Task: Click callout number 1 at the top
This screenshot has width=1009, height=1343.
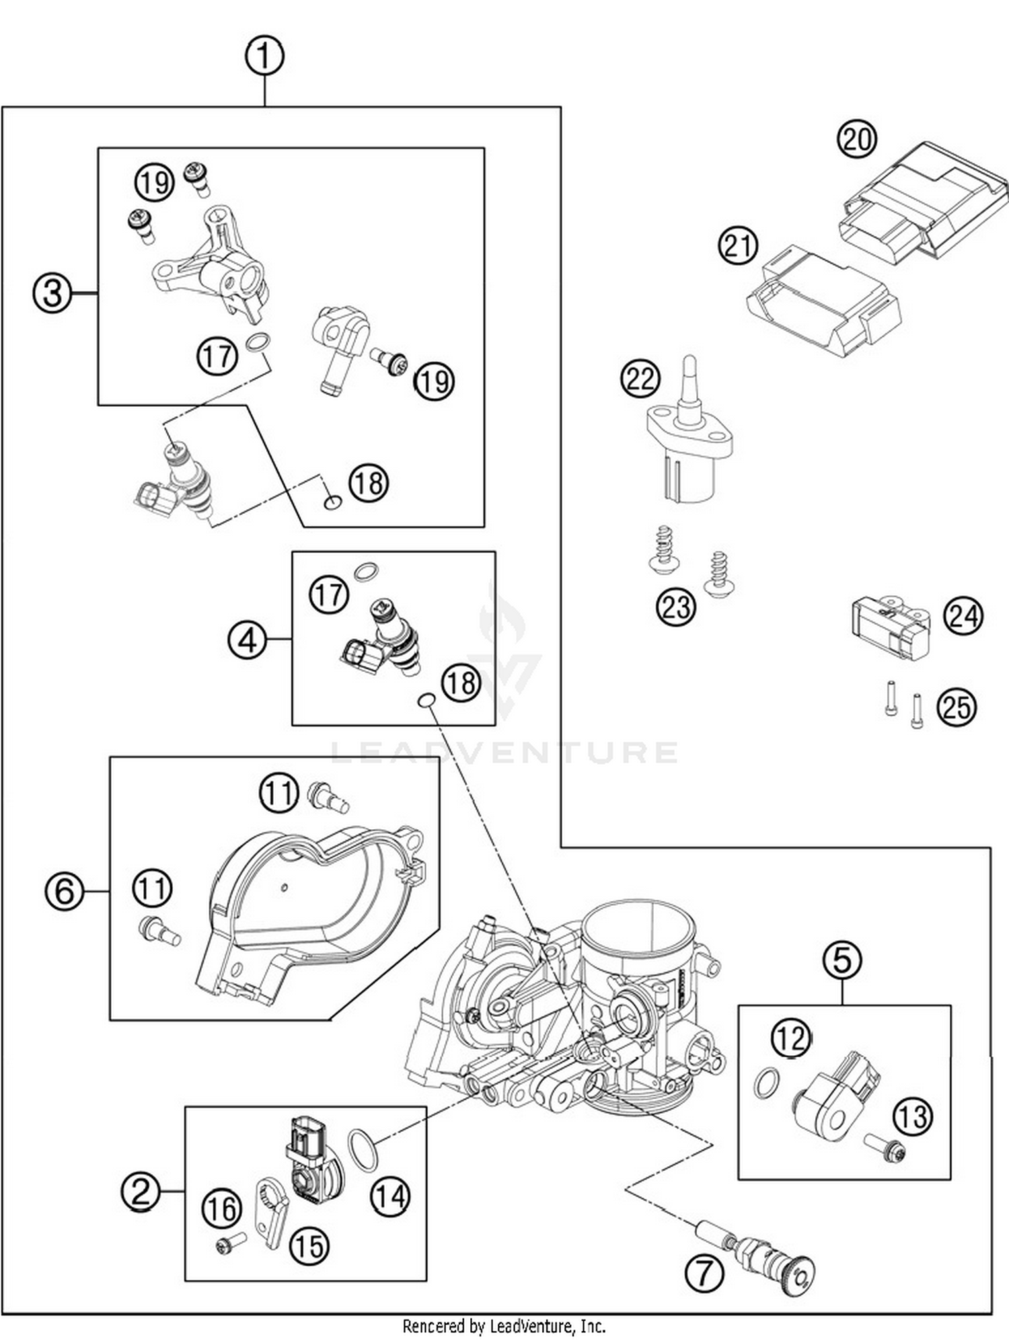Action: pos(264,56)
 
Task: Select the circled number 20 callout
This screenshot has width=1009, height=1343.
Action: pos(856,139)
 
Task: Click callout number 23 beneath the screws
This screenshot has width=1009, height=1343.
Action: pos(675,607)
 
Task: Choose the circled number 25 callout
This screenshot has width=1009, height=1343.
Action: pos(956,707)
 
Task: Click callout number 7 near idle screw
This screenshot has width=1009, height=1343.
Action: pos(704,1272)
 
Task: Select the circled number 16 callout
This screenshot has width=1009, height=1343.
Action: pos(222,1208)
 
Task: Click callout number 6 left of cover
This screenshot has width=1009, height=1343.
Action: pos(65,892)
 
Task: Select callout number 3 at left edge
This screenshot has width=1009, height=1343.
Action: pos(52,293)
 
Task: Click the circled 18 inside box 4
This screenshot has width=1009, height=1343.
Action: pos(461,683)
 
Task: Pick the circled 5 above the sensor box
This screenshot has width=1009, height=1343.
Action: pos(842,960)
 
